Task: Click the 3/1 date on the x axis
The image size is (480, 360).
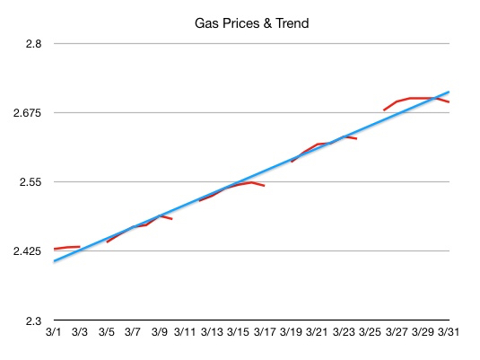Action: click(x=54, y=332)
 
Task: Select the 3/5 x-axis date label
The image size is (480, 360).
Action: click(x=107, y=332)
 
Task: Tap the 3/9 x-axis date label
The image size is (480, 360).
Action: click(x=159, y=332)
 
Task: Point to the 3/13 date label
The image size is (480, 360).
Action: click(x=212, y=332)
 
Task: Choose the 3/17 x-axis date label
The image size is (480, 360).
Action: click(x=264, y=332)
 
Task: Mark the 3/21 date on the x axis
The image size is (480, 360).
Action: click(x=317, y=332)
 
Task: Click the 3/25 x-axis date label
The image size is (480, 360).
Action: click(x=369, y=332)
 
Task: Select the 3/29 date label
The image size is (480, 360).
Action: click(x=422, y=332)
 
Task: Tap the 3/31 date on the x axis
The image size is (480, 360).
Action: click(x=448, y=332)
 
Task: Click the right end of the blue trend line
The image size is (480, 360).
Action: click(x=448, y=92)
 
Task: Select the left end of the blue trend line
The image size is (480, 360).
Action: click(x=56, y=261)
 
